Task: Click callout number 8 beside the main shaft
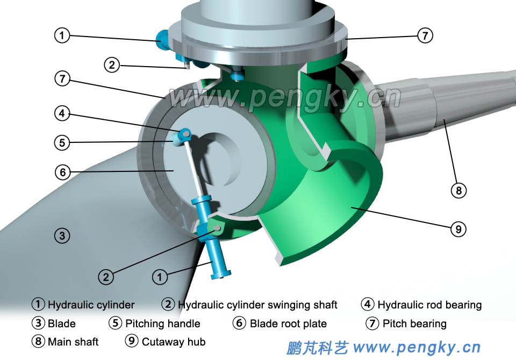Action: [458, 190]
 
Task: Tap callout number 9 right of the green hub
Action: [458, 229]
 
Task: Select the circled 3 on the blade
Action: [62, 235]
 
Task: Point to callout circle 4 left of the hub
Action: [62, 113]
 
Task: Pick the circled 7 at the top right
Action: [425, 35]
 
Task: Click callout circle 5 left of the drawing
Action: [62, 143]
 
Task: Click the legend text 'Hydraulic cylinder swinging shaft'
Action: [257, 305]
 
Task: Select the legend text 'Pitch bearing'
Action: [414, 323]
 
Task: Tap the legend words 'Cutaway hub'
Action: [173, 342]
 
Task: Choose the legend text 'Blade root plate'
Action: [288, 323]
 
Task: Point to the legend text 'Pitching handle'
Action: [162, 323]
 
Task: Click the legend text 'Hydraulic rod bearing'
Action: [429, 305]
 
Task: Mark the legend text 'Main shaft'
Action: [73, 342]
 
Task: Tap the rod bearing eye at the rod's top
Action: [185, 132]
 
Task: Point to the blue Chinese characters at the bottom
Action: [318, 347]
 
